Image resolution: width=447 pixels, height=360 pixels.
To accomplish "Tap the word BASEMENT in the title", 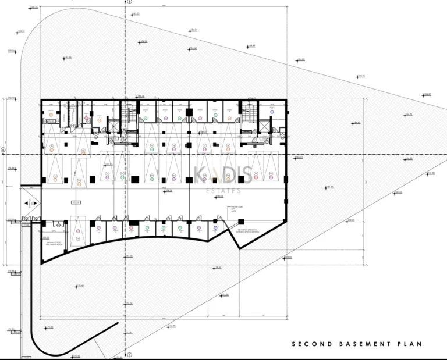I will (356, 344).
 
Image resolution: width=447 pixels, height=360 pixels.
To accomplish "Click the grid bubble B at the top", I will (129, 2).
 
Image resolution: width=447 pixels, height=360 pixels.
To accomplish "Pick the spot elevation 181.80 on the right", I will (431, 173).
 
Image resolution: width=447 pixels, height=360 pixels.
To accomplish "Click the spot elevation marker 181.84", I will (329, 187).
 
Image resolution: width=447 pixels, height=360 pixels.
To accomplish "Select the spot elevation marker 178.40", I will (80, 286).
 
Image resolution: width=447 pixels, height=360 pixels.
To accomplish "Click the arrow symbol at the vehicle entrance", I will (30, 204).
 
